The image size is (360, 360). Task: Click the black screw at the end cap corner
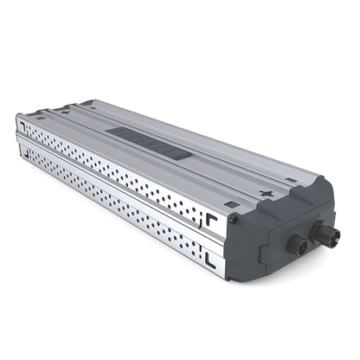[234, 218]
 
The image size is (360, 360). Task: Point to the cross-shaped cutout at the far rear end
[69, 111]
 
